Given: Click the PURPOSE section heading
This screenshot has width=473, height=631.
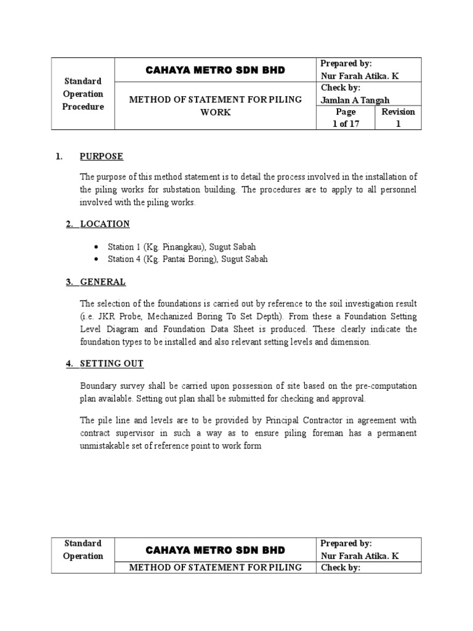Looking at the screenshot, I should [102, 157].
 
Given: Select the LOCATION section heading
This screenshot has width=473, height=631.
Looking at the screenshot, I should [105, 224].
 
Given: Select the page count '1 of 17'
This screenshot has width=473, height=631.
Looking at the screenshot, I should [346, 123].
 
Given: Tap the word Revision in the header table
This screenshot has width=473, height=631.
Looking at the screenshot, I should [398, 112].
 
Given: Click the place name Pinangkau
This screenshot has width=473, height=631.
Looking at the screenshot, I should [178, 246].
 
